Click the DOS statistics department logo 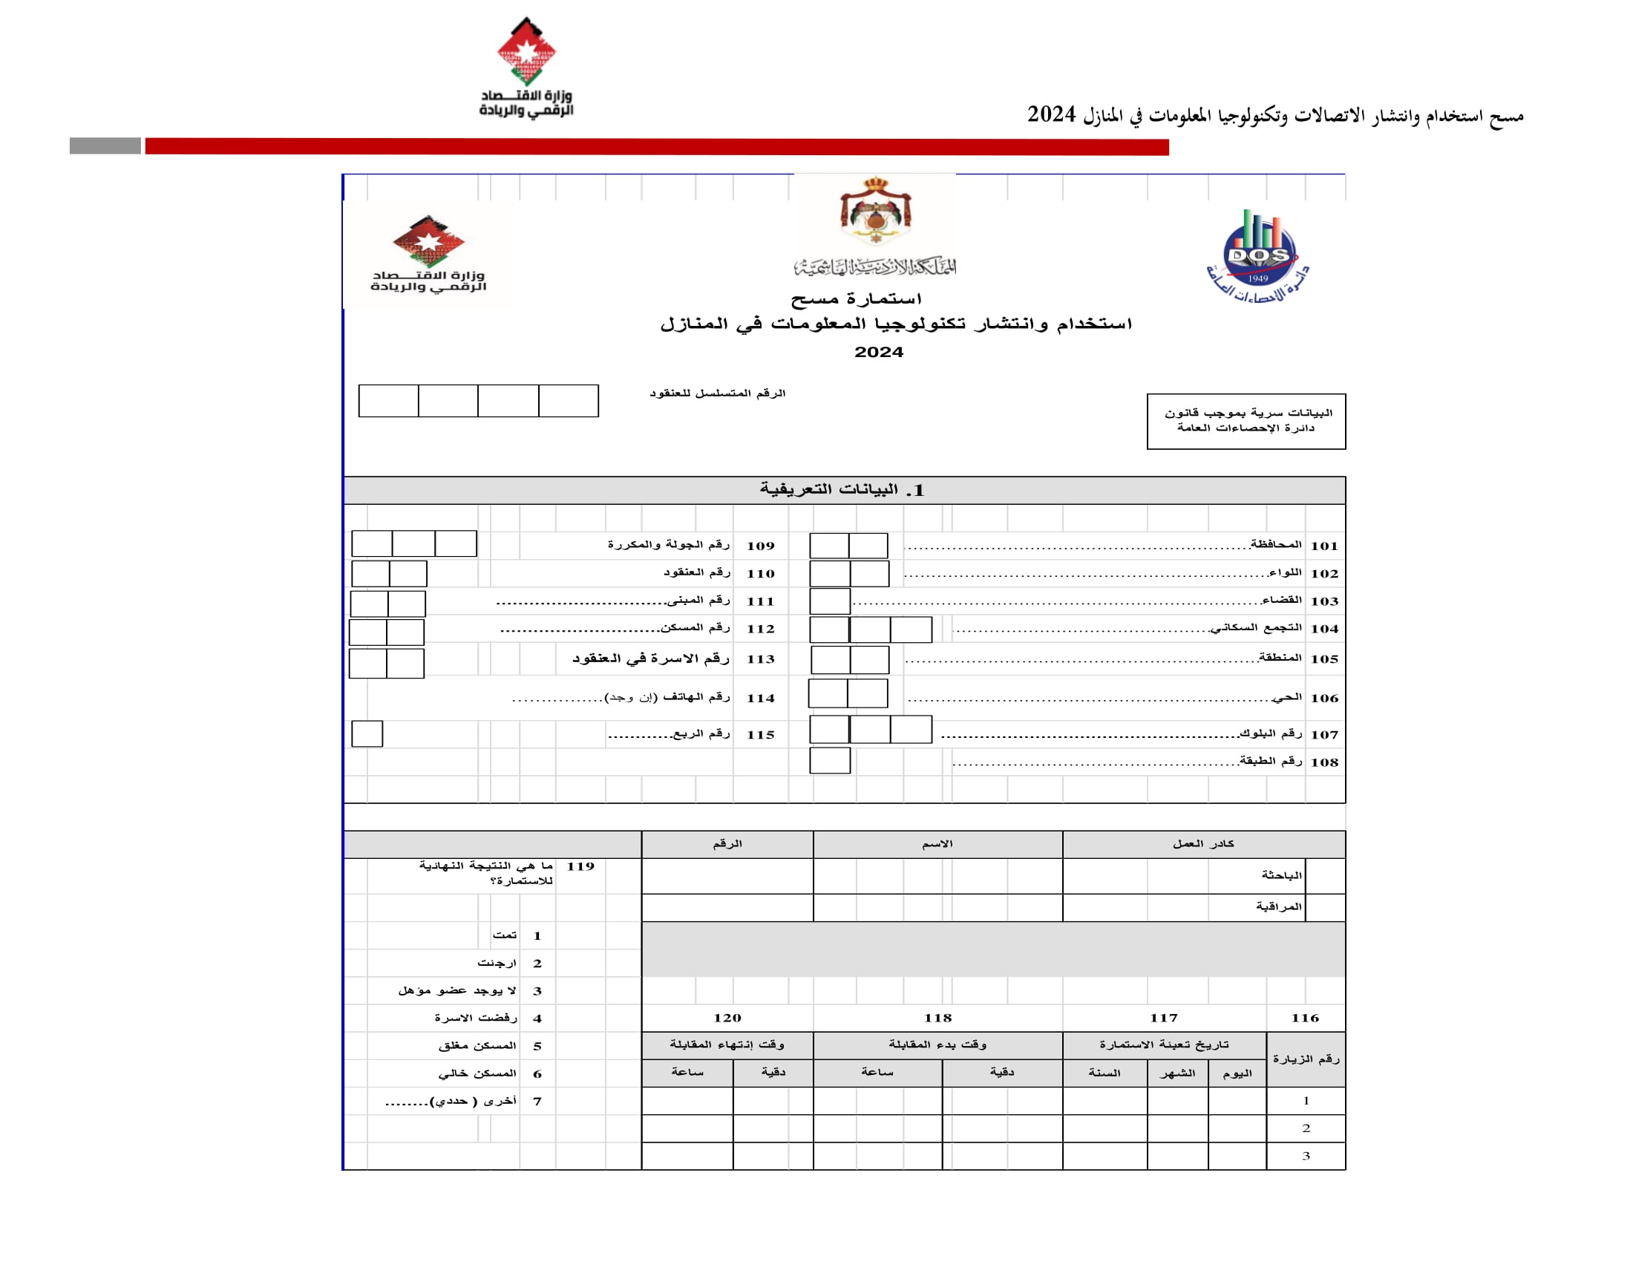[1257, 256]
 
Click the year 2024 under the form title [879, 352]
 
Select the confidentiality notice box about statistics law [1246, 421]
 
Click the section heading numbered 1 [842, 490]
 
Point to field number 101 [1323, 546]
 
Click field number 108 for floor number [1323, 762]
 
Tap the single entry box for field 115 [367, 733]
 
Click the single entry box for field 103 [830, 601]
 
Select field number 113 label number [760, 658]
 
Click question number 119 [580, 866]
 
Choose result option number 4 [537, 1019]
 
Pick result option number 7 [537, 1101]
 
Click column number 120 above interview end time [727, 1019]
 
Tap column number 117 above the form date [1163, 1019]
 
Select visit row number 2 [1306, 1128]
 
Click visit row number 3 [1306, 1156]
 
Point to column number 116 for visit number [1305, 1019]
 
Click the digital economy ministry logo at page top [526, 68]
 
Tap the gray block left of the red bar [105, 146]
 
